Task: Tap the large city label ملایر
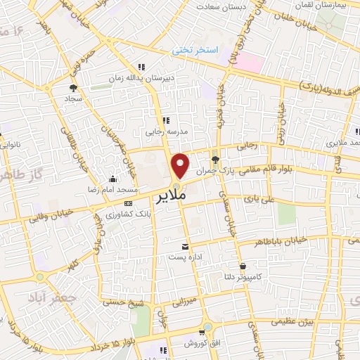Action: point(173,195)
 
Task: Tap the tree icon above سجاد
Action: point(72,88)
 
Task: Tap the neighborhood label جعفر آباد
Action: point(49,297)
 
